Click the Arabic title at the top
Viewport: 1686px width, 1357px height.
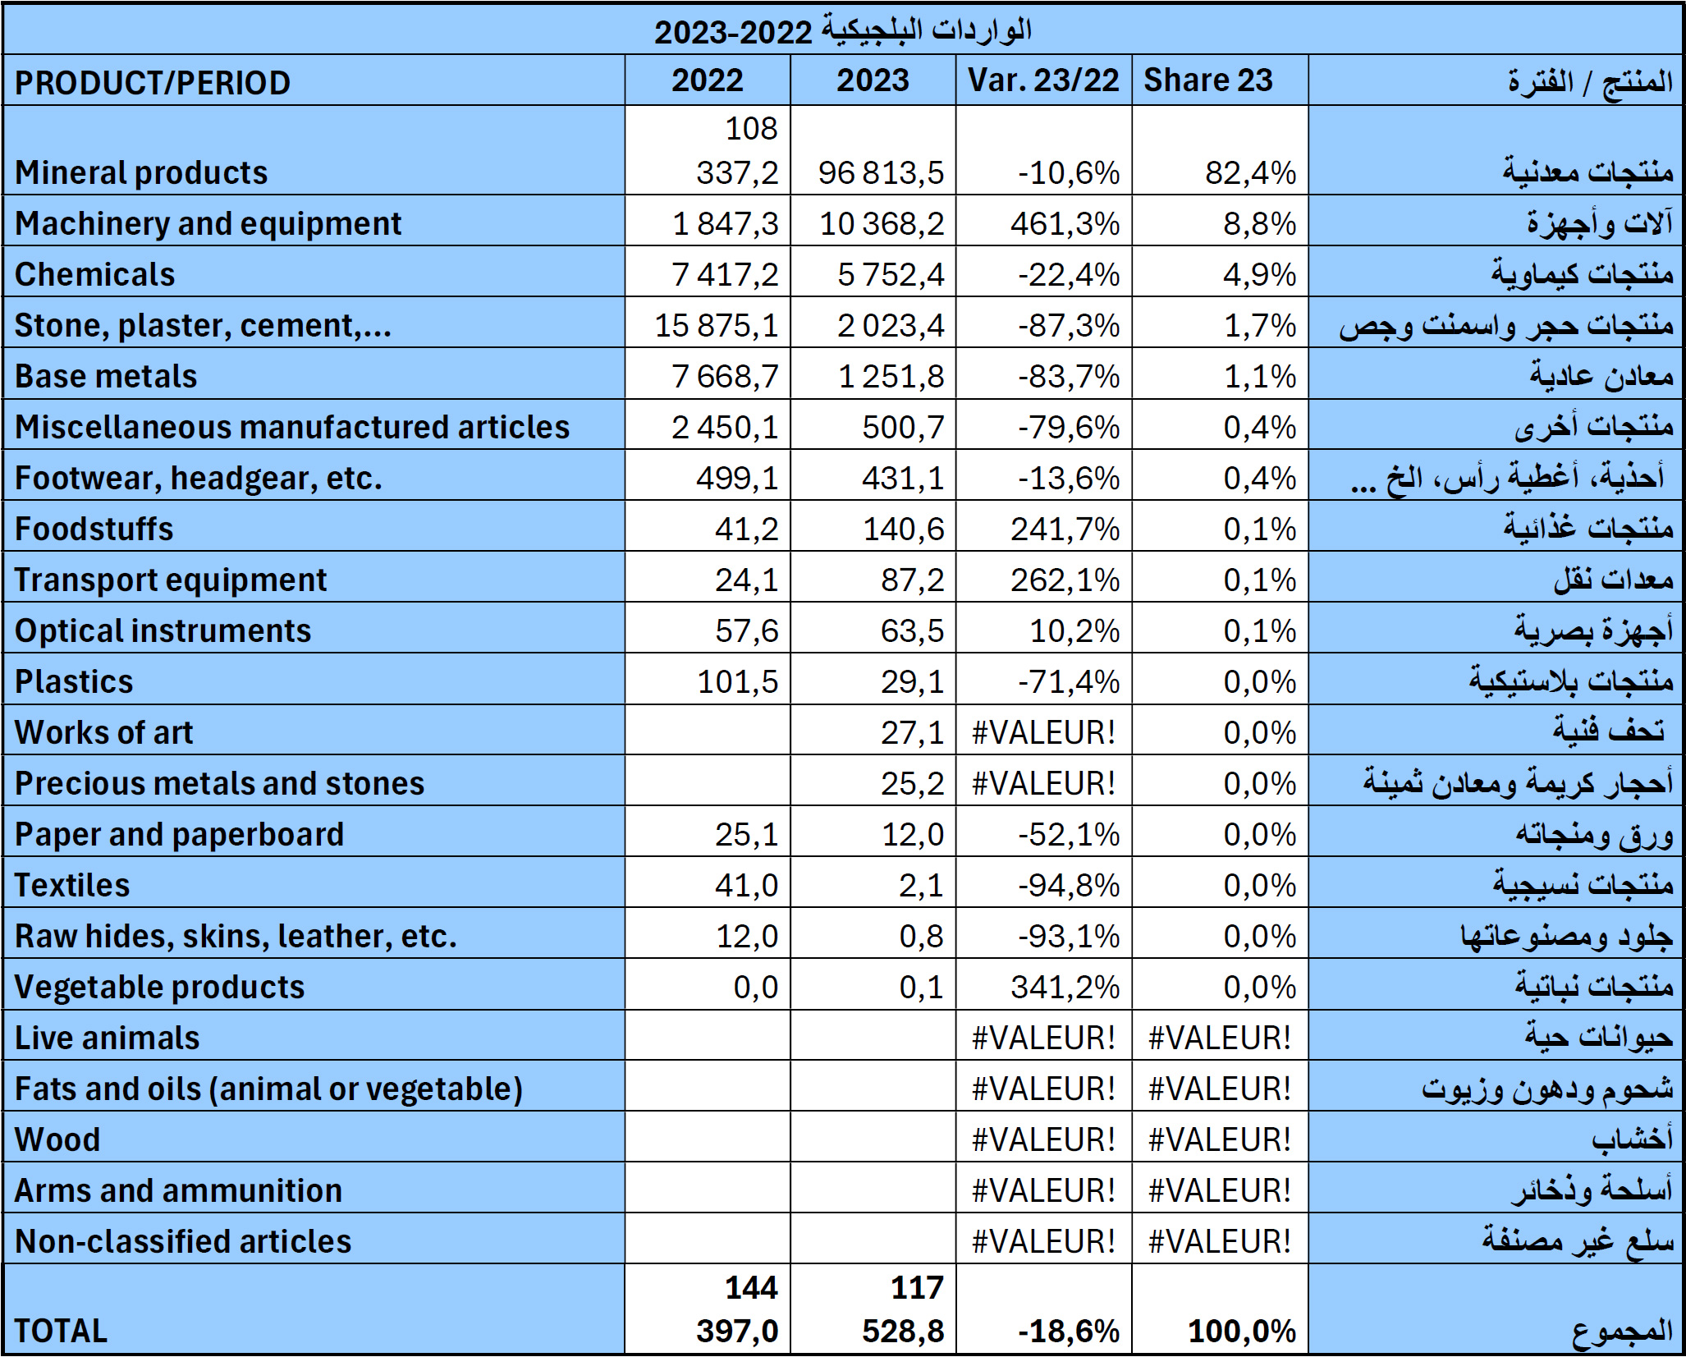(842, 31)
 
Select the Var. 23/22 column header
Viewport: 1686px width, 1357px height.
(1043, 80)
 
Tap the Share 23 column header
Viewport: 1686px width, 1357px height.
(1207, 80)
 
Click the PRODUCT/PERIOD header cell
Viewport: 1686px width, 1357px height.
(153, 83)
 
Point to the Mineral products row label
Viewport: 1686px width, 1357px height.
(141, 172)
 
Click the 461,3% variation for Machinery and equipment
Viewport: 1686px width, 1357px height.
(1065, 223)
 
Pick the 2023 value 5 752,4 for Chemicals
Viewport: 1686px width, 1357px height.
(891, 274)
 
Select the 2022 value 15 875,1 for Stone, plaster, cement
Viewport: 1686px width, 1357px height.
(716, 325)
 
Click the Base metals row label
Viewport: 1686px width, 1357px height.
(106, 376)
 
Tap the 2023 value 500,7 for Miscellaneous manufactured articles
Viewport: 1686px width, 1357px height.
(903, 427)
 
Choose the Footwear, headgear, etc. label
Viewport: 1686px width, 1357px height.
(199, 478)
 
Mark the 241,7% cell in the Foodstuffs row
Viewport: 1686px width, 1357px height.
(1065, 529)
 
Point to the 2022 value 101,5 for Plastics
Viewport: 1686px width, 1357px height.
(737, 681)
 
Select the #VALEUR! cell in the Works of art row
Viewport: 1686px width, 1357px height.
(1043, 732)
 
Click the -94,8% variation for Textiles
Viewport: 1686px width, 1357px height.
(1069, 885)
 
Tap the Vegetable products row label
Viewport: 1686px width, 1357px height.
(159, 987)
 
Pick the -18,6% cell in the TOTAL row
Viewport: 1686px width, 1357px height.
(1069, 1331)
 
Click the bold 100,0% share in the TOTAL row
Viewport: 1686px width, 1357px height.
(1242, 1331)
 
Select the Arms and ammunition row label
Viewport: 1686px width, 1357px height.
(178, 1190)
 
